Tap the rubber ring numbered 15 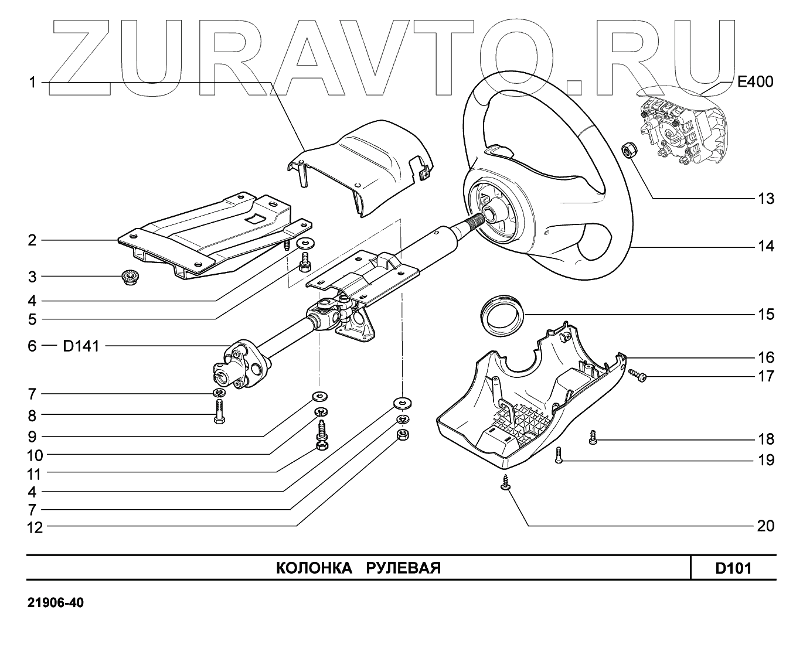click(x=502, y=315)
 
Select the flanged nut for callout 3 click(x=129, y=277)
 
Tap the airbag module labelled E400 click(x=673, y=124)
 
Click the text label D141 click(x=81, y=346)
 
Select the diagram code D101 click(x=733, y=568)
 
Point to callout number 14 click(x=765, y=247)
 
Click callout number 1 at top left click(x=33, y=83)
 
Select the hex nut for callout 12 click(x=402, y=435)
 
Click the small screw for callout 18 click(x=593, y=437)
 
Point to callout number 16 click(x=765, y=357)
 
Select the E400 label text click(x=755, y=82)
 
